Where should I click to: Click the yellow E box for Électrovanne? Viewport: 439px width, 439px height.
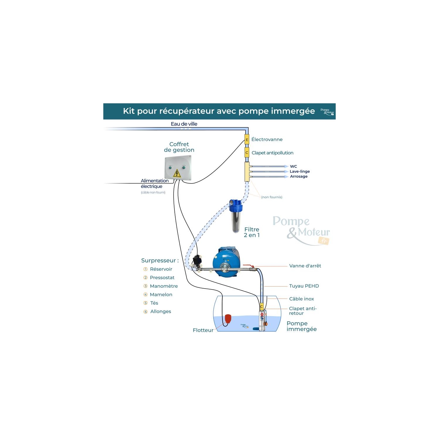tap(247, 140)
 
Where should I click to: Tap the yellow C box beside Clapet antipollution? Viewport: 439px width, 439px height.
tap(247, 152)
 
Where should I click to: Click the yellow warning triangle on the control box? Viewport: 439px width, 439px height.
tap(177, 173)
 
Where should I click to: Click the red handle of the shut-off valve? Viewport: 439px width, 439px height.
tap(248, 266)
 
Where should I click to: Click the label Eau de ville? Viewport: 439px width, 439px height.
tap(184, 124)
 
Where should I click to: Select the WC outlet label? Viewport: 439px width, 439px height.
tap(293, 166)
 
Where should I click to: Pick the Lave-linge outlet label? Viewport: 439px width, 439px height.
tap(299, 171)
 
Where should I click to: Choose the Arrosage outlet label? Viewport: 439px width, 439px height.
tap(299, 176)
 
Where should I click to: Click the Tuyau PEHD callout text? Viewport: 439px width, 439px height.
tap(304, 286)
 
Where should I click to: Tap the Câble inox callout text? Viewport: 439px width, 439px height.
tap(301, 299)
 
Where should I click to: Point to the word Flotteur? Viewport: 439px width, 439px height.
tap(203, 330)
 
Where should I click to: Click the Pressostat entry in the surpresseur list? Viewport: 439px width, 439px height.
tap(162, 277)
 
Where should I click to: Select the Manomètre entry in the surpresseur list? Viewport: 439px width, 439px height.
tap(164, 286)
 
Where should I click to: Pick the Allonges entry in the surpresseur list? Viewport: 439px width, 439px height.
tap(160, 311)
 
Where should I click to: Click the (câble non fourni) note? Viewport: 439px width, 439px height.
tap(153, 192)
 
